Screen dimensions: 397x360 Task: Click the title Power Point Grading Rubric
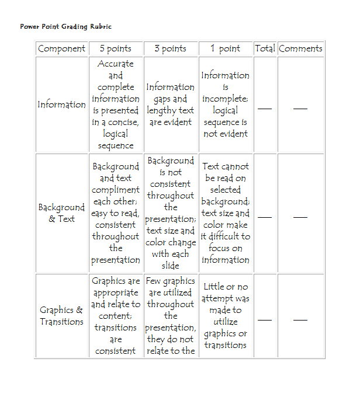pos(65,26)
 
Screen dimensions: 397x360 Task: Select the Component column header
pos(61,48)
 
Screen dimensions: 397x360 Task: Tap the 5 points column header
pos(116,48)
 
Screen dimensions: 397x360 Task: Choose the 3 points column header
pos(171,48)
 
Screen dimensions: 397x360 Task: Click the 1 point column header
pos(225,48)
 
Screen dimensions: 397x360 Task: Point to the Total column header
pos(265,48)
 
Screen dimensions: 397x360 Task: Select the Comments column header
pos(300,48)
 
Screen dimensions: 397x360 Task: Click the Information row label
pos(61,105)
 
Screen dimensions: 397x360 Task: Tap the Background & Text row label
pos(61,213)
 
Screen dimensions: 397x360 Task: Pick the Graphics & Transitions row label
pos(61,316)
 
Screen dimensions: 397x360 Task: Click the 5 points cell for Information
pos(116,105)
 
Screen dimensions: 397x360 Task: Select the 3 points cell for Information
pos(171,105)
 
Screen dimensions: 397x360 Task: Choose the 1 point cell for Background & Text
pos(225,213)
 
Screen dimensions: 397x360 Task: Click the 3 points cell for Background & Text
pos(171,213)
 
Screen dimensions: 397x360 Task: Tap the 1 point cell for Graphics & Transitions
pos(225,316)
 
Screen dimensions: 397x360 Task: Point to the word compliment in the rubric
pos(116,190)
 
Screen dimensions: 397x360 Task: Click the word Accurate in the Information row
pos(116,64)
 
